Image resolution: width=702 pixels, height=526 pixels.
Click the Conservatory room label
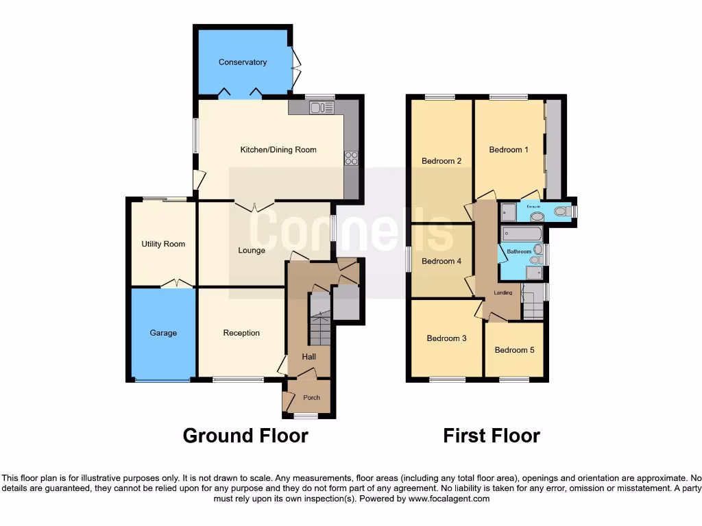pyautogui.click(x=243, y=62)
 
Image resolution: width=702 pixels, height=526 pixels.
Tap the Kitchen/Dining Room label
pyautogui.click(x=278, y=149)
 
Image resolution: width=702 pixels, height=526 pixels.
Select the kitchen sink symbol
pyautogui.click(x=321, y=107)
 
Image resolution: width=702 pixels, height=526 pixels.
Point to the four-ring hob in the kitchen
pyautogui.click(x=352, y=158)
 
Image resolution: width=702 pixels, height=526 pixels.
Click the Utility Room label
pyautogui.click(x=163, y=244)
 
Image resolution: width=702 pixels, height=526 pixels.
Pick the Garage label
pyautogui.click(x=163, y=333)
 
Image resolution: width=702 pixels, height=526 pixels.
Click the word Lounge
pyautogui.click(x=252, y=251)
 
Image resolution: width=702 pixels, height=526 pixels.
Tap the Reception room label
pyautogui.click(x=241, y=333)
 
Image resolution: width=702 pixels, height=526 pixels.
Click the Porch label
pyautogui.click(x=311, y=397)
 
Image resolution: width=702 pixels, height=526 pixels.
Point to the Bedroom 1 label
pyautogui.click(x=509, y=149)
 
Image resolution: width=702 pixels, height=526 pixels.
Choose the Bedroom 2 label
pyautogui.click(x=441, y=161)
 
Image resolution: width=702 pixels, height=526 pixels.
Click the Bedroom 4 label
pyautogui.click(x=441, y=261)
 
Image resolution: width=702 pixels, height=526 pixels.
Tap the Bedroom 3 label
pyautogui.click(x=447, y=338)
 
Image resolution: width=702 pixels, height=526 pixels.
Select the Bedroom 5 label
pyautogui.click(x=515, y=350)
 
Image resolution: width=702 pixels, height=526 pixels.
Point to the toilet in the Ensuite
pyautogui.click(x=561, y=212)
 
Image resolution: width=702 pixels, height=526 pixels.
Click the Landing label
pyautogui.click(x=503, y=293)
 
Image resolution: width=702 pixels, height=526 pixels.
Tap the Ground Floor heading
pyautogui.click(x=245, y=436)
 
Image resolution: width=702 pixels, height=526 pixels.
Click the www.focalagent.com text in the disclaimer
pyautogui.click(x=450, y=499)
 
